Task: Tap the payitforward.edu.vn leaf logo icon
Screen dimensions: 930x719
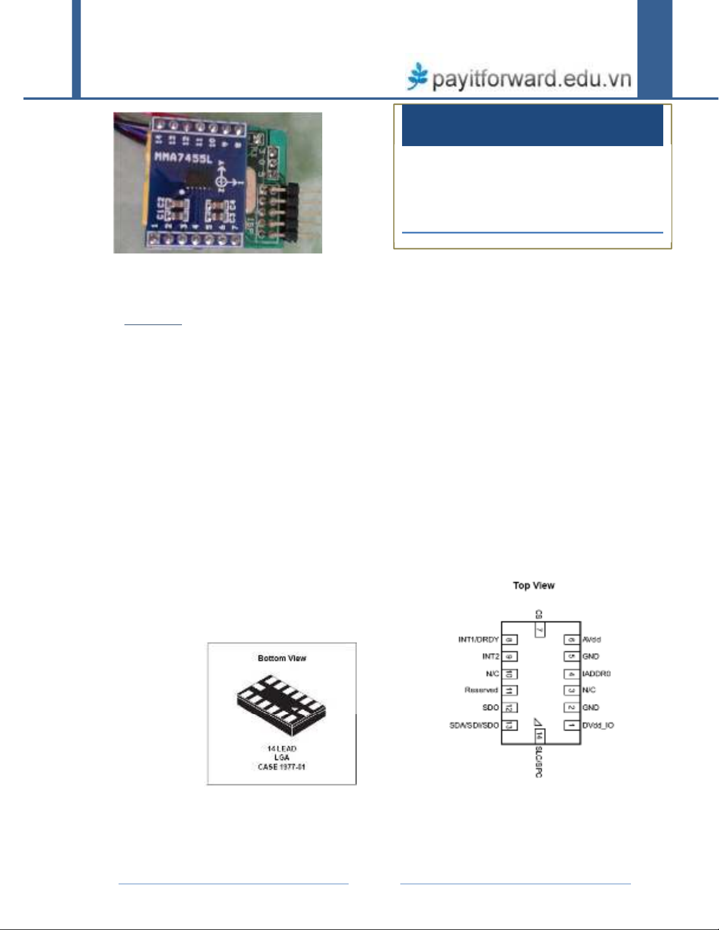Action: click(418, 76)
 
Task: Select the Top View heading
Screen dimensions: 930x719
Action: click(534, 585)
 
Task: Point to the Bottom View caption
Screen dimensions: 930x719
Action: click(282, 658)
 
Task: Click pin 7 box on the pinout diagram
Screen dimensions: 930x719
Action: click(539, 630)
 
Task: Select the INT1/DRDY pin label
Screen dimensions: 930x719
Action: click(478, 640)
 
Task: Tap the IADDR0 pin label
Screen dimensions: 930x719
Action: click(597, 674)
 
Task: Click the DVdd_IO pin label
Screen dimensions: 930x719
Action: click(598, 725)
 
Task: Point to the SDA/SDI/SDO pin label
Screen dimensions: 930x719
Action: click(474, 725)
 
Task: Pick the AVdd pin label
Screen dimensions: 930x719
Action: click(592, 640)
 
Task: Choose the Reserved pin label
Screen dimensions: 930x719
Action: click(481, 691)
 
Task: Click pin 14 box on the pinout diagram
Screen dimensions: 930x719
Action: click(539, 736)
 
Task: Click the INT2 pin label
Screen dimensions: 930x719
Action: click(491, 657)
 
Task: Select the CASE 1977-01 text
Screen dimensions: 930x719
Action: click(282, 767)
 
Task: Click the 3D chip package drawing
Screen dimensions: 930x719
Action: click(281, 704)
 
